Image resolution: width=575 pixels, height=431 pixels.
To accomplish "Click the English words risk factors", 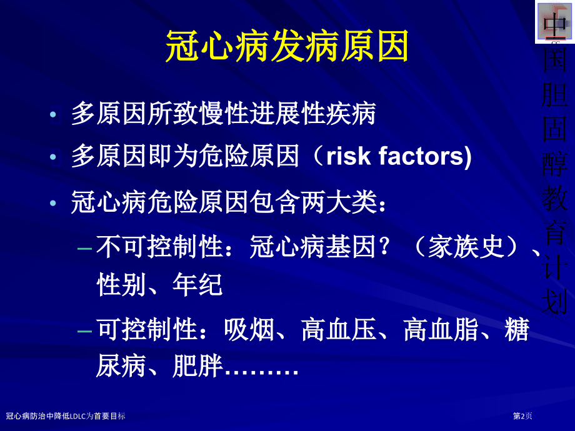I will [398, 156].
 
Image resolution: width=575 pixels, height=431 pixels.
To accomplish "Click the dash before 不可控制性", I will [86, 249].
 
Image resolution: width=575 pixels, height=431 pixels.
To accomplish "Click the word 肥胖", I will [197, 367].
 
